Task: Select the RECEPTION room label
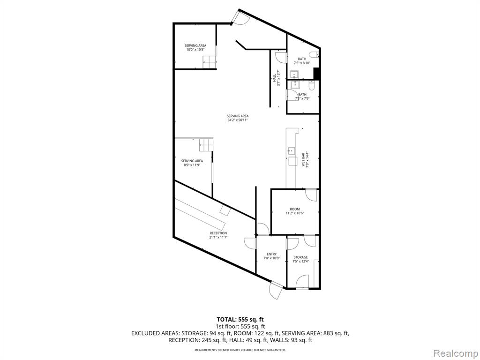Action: [x=218, y=233]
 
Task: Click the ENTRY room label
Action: [x=271, y=254]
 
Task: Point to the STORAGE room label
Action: [x=300, y=257]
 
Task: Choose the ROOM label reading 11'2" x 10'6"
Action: [x=295, y=209]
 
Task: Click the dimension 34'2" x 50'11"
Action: [x=238, y=120]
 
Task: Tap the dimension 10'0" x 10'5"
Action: [x=195, y=50]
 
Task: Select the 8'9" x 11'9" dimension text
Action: [x=192, y=165]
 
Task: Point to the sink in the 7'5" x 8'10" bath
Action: [x=295, y=75]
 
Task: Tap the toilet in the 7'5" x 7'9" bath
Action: [x=312, y=86]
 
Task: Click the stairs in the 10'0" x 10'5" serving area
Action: [x=210, y=62]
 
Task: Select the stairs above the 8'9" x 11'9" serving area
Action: [x=206, y=144]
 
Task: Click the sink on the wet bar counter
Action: [x=291, y=150]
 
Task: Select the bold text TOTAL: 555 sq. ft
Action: [x=240, y=320]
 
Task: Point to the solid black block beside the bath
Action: [x=316, y=74]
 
